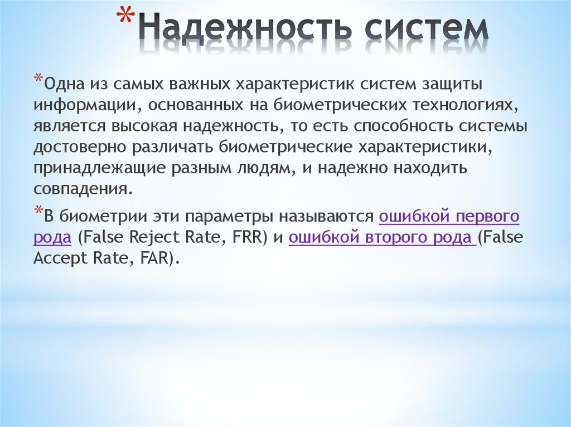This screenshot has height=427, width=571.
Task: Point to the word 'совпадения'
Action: coord(83,189)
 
